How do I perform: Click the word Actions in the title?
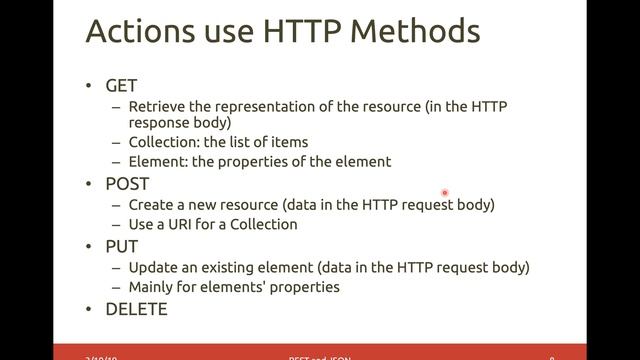[x=133, y=33]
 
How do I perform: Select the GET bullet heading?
[x=121, y=86]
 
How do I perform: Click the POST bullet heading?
[x=127, y=184]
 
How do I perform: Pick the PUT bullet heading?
[x=122, y=246]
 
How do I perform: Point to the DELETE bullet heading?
[x=136, y=309]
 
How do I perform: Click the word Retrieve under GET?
[x=157, y=106]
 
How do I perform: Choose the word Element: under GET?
[x=159, y=161]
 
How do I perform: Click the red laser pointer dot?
[x=445, y=193]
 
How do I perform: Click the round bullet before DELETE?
[x=92, y=309]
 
